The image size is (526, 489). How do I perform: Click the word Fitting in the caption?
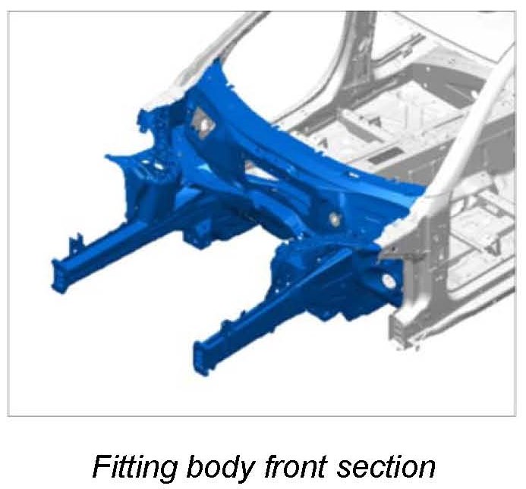[134, 466]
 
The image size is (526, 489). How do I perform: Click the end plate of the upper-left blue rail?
[58, 276]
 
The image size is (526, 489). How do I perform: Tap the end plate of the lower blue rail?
[200, 358]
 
